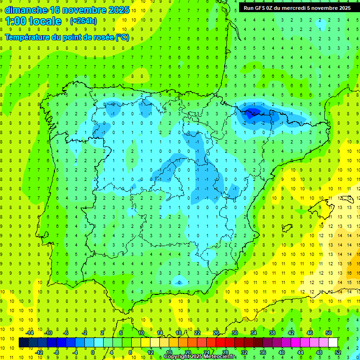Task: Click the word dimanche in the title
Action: (x=26, y=10)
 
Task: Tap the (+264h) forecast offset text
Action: (x=83, y=21)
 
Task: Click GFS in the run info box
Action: (x=262, y=8)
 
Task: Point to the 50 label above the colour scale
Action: (x=329, y=333)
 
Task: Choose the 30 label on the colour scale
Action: (x=235, y=333)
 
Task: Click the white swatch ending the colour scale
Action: (x=333, y=343)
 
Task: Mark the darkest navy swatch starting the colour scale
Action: (x=24, y=343)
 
